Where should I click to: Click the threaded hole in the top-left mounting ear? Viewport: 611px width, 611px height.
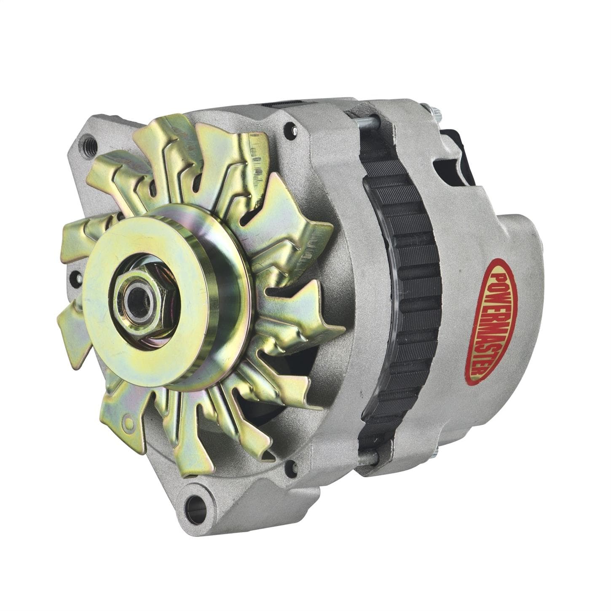pos(88,139)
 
